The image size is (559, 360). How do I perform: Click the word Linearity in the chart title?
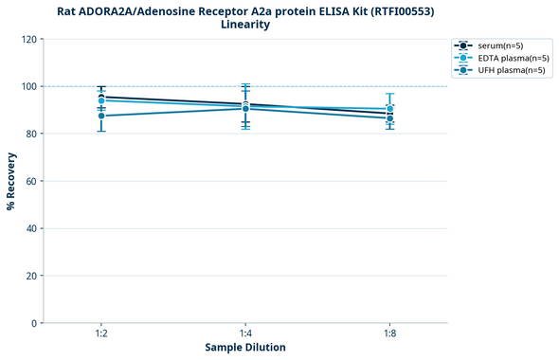click(x=244, y=25)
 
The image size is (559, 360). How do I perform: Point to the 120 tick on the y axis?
click(x=29, y=39)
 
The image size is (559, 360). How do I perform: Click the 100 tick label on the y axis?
click(x=29, y=86)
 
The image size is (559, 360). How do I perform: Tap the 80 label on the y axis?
click(x=32, y=134)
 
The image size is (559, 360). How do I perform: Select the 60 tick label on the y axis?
click(x=32, y=181)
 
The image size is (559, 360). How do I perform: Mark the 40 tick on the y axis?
click(x=32, y=228)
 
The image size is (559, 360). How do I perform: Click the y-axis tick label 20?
click(x=32, y=276)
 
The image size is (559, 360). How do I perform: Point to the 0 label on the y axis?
click(x=35, y=323)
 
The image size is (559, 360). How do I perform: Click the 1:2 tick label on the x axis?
click(x=100, y=334)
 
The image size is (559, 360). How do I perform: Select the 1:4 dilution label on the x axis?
click(x=245, y=334)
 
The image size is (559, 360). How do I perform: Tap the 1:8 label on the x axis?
click(x=389, y=334)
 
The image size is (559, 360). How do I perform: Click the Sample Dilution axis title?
click(x=245, y=348)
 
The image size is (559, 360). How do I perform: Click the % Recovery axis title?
click(x=11, y=180)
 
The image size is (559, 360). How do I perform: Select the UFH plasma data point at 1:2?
click(x=100, y=116)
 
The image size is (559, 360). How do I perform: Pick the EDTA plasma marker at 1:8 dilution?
click(x=389, y=109)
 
